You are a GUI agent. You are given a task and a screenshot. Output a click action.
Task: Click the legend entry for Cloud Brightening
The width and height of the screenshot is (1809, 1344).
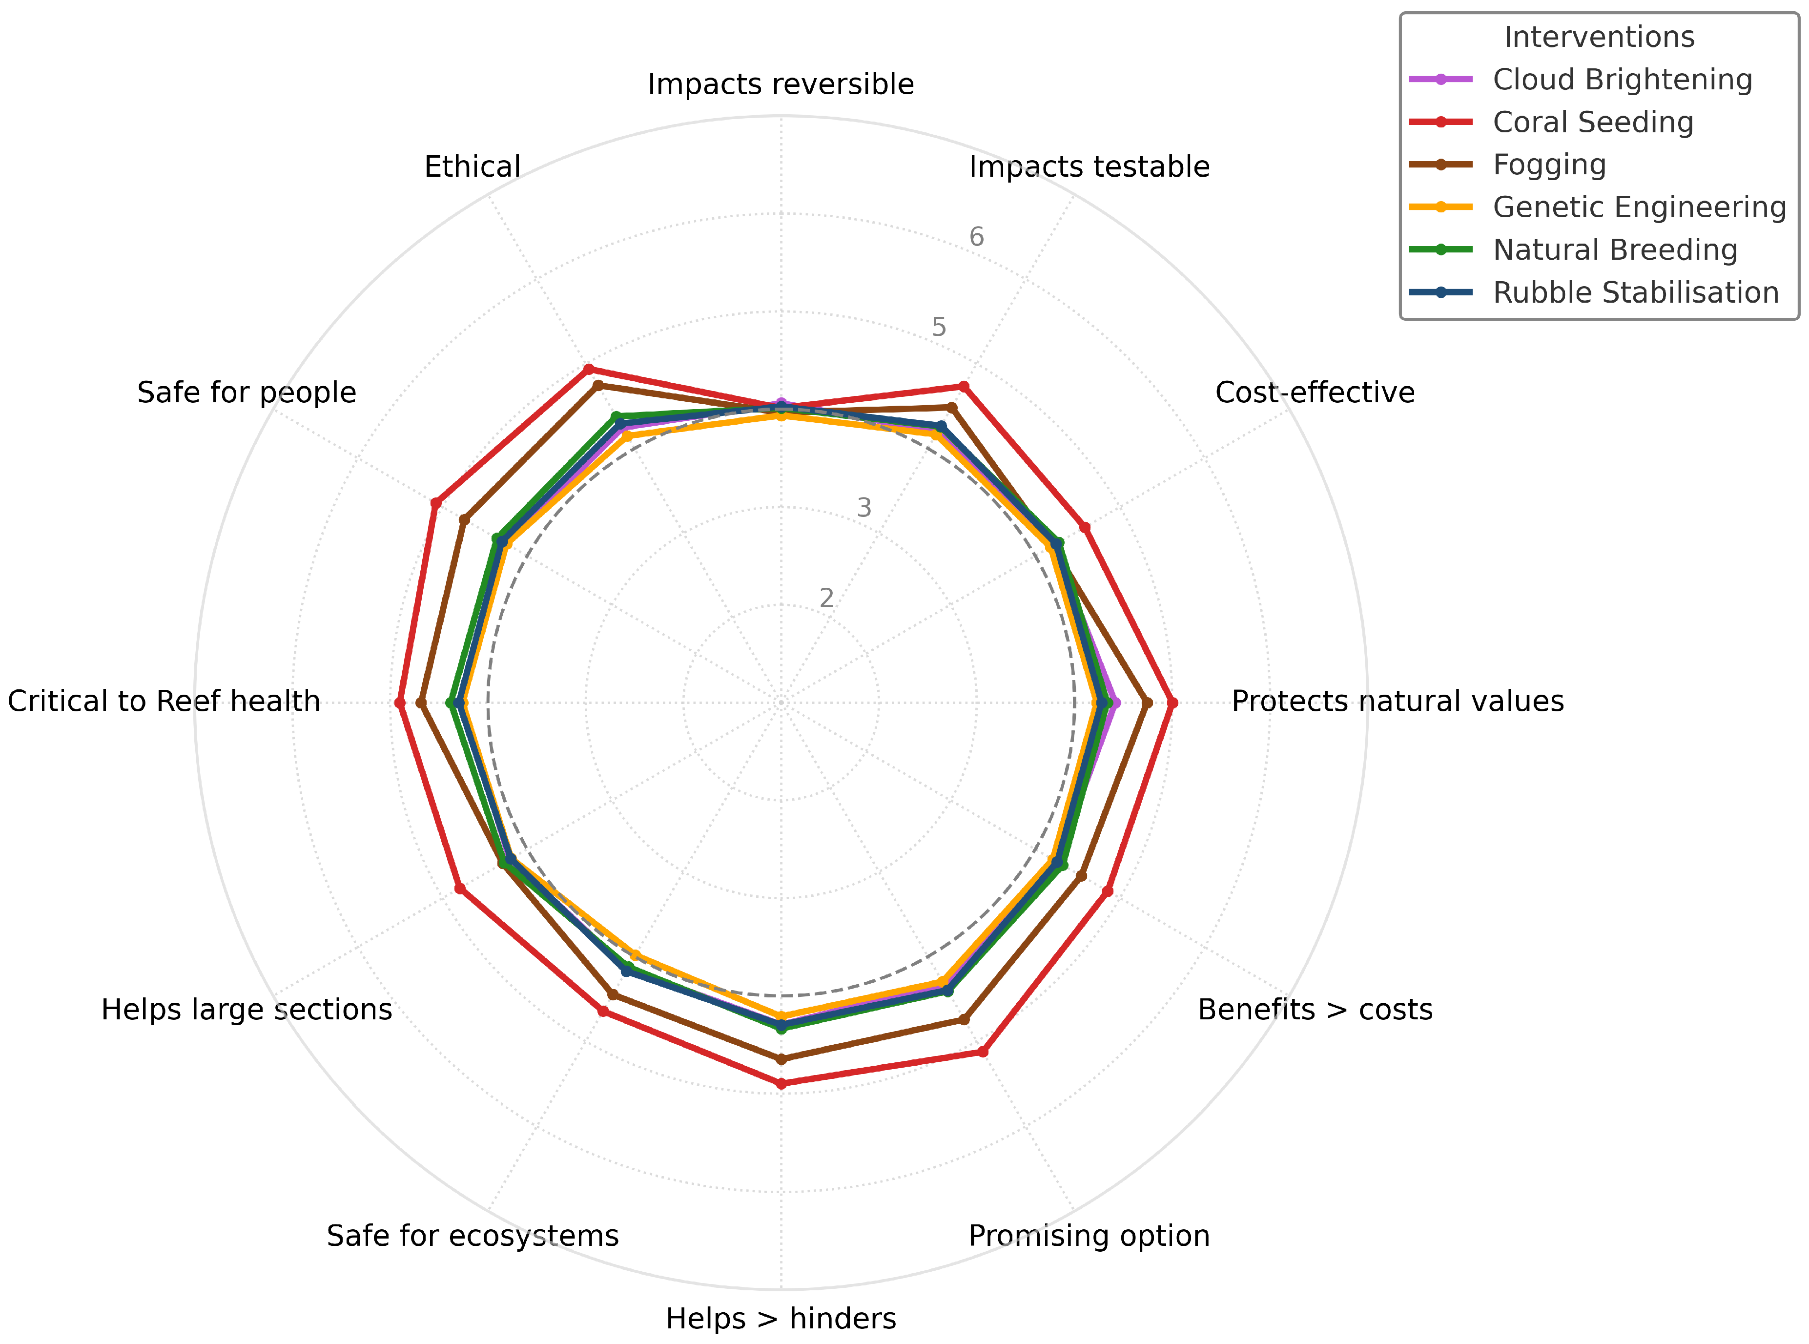1622,80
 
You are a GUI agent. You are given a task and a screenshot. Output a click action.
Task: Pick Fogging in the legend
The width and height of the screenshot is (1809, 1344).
1549,165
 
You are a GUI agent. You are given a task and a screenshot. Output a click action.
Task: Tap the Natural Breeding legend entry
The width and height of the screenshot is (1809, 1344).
1615,250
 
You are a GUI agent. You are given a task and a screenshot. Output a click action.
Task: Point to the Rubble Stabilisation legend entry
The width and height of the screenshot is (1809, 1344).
1635,292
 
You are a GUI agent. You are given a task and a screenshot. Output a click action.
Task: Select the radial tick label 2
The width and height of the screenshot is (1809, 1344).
826,598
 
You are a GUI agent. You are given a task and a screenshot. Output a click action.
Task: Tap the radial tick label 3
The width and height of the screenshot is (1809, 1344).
864,508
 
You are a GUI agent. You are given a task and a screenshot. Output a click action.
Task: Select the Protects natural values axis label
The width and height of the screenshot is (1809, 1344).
1397,701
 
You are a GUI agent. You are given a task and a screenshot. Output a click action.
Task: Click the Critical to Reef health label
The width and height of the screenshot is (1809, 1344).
164,701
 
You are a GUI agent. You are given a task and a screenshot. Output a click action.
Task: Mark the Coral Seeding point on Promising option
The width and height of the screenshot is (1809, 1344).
983,1052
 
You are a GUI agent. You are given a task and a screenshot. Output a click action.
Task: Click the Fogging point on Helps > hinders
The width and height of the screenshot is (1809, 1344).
781,1059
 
